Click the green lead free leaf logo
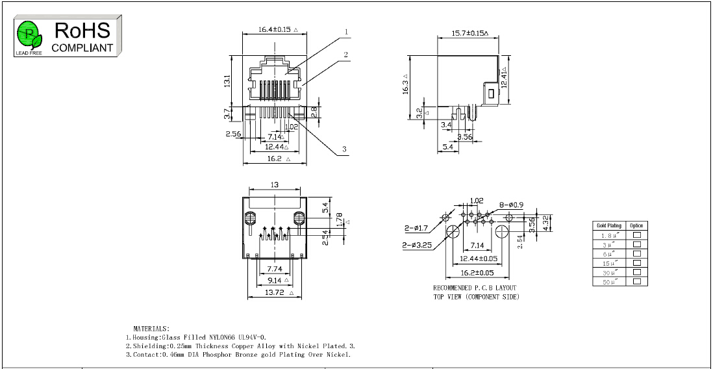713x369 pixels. coord(30,36)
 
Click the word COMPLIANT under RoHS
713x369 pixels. coord(82,48)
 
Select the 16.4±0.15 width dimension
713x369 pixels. coord(275,29)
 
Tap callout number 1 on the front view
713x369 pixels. coord(346,32)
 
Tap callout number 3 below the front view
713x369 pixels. coord(344,149)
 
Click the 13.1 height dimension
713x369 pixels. coord(227,81)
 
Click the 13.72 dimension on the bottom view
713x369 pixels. coord(274,292)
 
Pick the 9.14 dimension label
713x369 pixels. coord(274,280)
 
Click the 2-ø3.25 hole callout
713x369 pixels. coord(416,246)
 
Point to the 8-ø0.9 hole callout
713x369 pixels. coord(511,205)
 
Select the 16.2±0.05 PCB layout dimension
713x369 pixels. coord(477,273)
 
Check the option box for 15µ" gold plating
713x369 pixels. coord(637,262)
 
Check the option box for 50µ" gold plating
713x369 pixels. coord(637,281)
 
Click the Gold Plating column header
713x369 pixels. coord(609,225)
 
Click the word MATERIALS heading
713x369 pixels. coord(151,328)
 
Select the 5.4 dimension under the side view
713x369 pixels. coord(447,147)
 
